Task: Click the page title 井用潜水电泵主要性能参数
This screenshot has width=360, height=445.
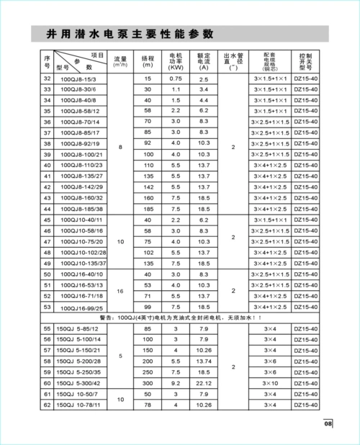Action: click(130, 34)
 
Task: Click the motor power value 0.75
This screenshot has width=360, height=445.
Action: click(176, 78)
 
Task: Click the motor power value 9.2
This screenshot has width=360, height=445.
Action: click(176, 382)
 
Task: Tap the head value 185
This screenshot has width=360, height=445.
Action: click(148, 208)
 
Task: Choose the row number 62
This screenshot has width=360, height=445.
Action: click(48, 406)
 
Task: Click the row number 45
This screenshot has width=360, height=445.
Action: click(48, 219)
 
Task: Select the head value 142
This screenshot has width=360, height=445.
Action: click(148, 186)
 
